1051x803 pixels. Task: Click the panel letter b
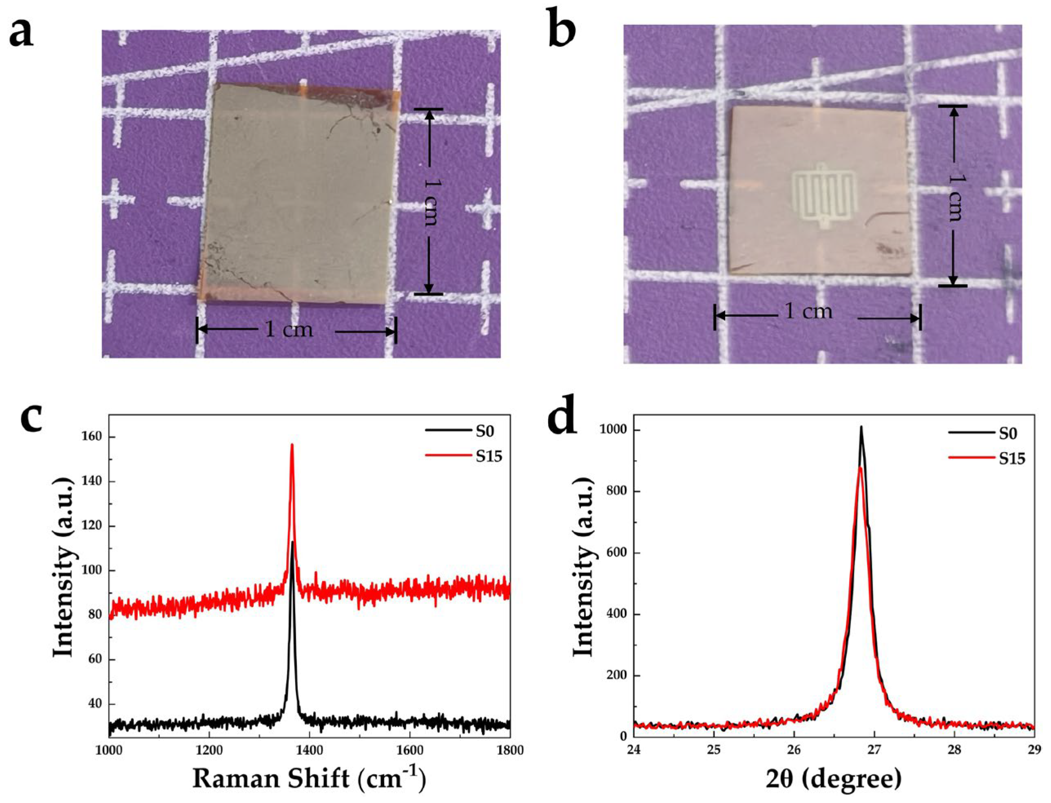(562, 33)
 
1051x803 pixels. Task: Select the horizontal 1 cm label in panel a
(289, 330)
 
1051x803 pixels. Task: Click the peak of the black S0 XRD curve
(861, 427)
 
